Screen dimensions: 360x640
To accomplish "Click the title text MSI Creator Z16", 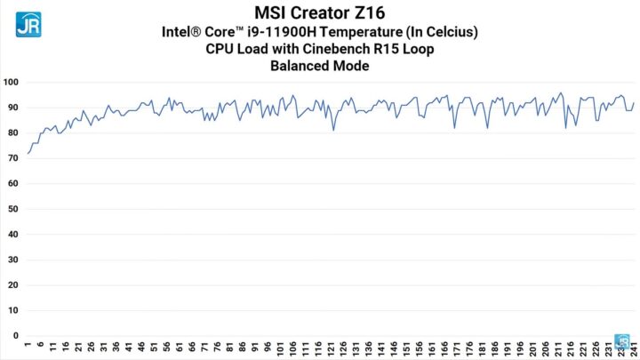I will [320, 13].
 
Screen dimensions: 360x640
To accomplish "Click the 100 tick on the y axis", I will [11, 83].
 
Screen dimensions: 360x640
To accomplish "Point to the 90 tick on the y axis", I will [12, 108].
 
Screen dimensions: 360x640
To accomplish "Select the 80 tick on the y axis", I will [12, 133].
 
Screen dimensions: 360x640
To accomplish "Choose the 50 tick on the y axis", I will [12, 210].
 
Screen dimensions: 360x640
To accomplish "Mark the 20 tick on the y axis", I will [12, 285].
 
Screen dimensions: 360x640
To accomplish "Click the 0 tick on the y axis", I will [15, 336].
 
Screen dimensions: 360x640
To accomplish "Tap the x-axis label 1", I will [28, 347].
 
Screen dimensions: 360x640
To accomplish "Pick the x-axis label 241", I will [632, 349].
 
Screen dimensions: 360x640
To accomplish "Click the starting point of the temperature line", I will [28, 154].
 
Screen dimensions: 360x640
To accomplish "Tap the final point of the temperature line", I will [633, 103].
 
